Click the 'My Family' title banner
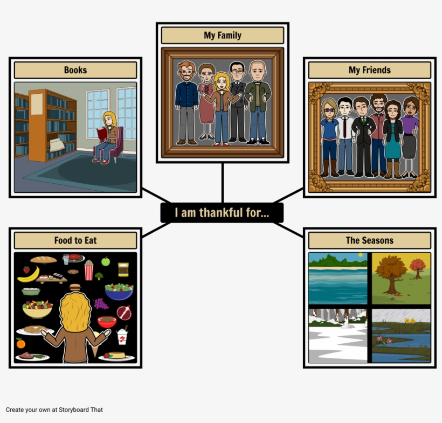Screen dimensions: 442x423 pyautogui.click(x=223, y=35)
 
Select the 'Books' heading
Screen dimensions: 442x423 pyautogui.click(x=75, y=70)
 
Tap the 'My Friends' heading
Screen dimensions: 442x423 pyautogui.click(x=370, y=70)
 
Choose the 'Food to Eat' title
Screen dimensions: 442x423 pyautogui.click(x=75, y=240)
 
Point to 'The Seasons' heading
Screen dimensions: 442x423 pyautogui.click(x=370, y=240)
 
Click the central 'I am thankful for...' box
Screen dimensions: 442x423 pyautogui.click(x=222, y=213)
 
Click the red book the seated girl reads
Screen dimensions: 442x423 pyautogui.click(x=102, y=133)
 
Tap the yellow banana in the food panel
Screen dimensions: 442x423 pyautogui.click(x=29, y=275)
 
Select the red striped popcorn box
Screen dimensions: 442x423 pyautogui.click(x=89, y=271)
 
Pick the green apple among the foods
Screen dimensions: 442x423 pyautogui.click(x=106, y=261)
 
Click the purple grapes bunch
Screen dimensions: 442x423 pyautogui.click(x=100, y=304)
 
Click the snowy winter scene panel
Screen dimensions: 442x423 pyautogui.click(x=338, y=336)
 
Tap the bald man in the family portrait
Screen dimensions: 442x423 pyautogui.click(x=257, y=102)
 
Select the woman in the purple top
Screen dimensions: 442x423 pyautogui.click(x=410, y=137)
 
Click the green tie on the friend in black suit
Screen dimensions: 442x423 pyautogui.click(x=363, y=120)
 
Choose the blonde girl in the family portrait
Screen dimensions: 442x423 pyautogui.click(x=222, y=109)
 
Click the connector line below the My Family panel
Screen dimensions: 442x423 pyautogui.click(x=223, y=183)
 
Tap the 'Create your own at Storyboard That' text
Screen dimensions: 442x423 pyautogui.click(x=54, y=410)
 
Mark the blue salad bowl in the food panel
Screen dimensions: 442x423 pyautogui.click(x=119, y=292)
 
